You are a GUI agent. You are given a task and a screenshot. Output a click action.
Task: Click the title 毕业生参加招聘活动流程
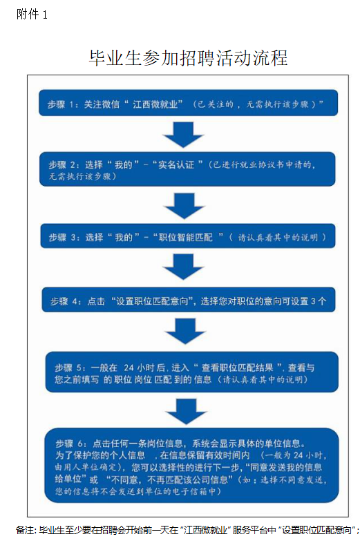point(188,57)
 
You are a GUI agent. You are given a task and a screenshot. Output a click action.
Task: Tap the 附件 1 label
point(32,15)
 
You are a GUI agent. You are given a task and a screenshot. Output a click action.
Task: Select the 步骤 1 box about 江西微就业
point(188,103)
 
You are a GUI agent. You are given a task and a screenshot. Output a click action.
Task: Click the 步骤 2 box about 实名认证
point(187,169)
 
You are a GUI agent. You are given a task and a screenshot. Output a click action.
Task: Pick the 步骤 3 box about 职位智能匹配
point(188,236)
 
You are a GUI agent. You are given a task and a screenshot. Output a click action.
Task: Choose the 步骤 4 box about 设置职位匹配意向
point(189,300)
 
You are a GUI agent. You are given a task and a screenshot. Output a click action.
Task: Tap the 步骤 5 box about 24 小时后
point(192,372)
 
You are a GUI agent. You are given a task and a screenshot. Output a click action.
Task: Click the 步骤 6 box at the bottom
point(192,466)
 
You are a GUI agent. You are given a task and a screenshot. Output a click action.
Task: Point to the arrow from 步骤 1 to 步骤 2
point(183,135)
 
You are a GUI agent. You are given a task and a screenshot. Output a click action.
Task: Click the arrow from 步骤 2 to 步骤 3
point(184,206)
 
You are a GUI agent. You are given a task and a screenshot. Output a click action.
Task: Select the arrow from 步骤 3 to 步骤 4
point(183,267)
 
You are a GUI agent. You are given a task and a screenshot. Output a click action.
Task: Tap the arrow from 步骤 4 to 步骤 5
point(185,331)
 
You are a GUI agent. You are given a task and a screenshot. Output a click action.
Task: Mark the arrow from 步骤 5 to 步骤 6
point(187,412)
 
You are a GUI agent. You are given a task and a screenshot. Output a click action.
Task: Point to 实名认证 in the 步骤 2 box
point(176,164)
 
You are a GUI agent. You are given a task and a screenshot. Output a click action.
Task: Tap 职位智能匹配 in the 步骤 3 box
point(186,237)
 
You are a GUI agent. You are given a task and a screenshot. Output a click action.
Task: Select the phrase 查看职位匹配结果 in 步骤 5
point(238,368)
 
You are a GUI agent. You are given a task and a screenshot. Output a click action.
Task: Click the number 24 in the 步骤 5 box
point(129,368)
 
